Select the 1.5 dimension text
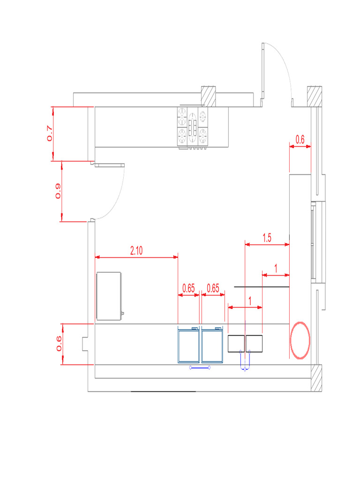pos(267,238)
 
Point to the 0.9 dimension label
pos(58,191)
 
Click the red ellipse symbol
pos(300,340)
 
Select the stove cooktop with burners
pos(192,127)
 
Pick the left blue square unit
pos(189,345)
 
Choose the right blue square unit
pos(213,345)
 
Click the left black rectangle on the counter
pos(236,344)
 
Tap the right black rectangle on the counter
pos(254,344)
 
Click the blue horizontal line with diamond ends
pos(200,368)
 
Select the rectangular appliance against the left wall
pos(109,296)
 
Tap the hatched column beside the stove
pos(208,97)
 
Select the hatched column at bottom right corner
pos(316,378)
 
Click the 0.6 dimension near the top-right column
pos(300,139)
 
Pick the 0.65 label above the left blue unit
pos(188,288)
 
